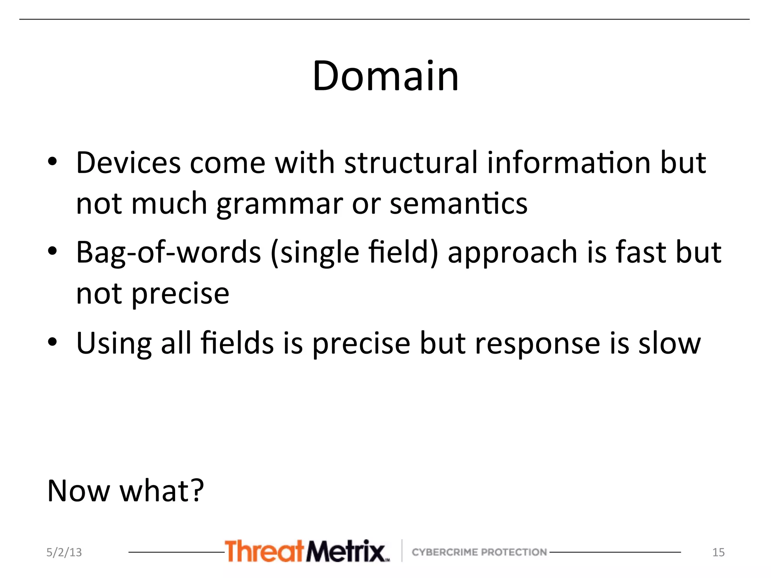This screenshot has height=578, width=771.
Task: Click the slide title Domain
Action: (x=385, y=76)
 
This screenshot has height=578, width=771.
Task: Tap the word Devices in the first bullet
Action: (x=128, y=163)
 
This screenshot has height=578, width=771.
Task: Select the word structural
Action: (x=411, y=163)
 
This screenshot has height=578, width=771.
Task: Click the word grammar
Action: (x=279, y=204)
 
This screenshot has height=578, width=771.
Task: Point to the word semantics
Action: (x=458, y=203)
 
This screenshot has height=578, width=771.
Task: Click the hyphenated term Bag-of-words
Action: (x=168, y=252)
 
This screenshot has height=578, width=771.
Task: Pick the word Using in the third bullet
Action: (x=114, y=343)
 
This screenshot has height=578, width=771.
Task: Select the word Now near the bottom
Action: (x=79, y=491)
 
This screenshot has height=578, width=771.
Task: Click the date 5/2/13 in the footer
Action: (x=64, y=552)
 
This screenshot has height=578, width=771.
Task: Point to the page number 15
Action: (x=718, y=552)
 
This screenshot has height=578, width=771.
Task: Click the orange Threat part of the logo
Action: (x=264, y=551)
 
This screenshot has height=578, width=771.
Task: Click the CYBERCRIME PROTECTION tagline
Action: (x=479, y=552)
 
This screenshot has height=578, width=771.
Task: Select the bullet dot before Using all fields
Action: (x=52, y=342)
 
